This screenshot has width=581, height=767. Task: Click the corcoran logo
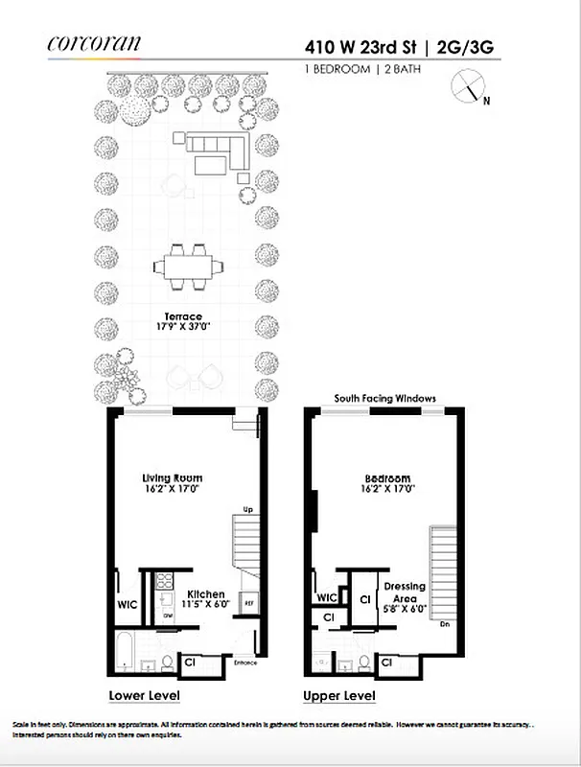click(x=93, y=42)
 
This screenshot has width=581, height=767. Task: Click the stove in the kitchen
click(x=164, y=580)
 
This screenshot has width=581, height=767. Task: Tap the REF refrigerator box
click(x=249, y=603)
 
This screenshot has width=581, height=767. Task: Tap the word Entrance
click(x=244, y=662)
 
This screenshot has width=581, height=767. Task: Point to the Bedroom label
click(x=387, y=478)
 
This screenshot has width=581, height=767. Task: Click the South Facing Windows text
click(x=384, y=397)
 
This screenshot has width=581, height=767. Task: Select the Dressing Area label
click(x=405, y=592)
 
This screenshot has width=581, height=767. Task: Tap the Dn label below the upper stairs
click(x=443, y=624)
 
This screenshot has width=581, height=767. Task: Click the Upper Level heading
click(x=338, y=695)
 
